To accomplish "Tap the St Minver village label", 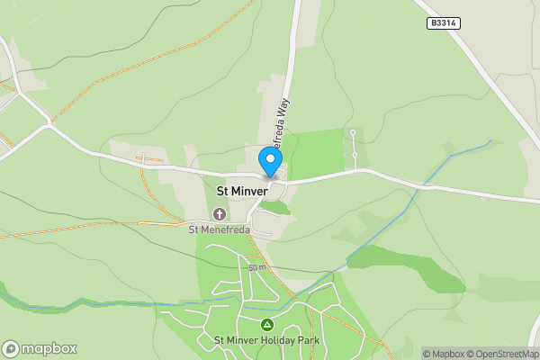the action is point(243,191).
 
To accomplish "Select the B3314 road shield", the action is point(444,23).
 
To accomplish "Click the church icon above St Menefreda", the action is point(220,213).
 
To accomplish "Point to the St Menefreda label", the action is point(220,229).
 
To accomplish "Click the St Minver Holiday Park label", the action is point(266,340).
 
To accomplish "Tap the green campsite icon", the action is point(266,324).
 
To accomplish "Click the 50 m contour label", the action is point(257,268).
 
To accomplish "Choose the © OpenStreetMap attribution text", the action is point(501,354).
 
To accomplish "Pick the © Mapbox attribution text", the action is point(443,354).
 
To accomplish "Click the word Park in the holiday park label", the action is point(308,340).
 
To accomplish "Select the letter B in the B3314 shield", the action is point(433,23).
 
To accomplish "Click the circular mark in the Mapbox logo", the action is point(11,348).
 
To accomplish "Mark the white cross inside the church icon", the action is point(220,213).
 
